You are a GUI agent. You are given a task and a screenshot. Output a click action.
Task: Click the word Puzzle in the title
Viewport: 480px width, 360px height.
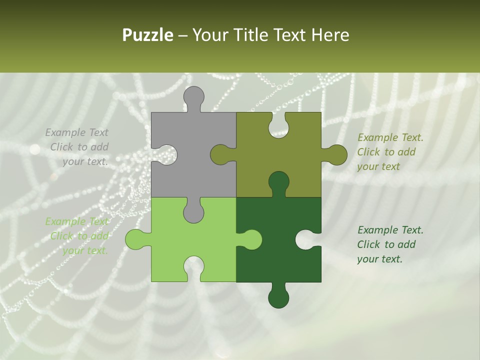(x=148, y=35)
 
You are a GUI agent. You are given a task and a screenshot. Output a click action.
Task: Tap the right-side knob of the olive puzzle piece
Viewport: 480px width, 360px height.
(x=336, y=154)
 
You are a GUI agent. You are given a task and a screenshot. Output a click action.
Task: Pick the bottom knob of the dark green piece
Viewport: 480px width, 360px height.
(x=278, y=297)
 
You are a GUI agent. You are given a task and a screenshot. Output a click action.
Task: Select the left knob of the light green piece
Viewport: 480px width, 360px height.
(x=136, y=239)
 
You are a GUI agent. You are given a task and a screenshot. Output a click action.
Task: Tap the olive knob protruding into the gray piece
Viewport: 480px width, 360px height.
(x=220, y=154)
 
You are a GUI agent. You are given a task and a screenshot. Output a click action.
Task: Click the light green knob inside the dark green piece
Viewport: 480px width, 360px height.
(x=251, y=239)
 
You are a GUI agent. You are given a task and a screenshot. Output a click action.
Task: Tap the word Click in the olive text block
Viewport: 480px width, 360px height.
(x=368, y=152)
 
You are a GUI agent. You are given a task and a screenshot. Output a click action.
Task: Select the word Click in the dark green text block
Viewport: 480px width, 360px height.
(x=368, y=244)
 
